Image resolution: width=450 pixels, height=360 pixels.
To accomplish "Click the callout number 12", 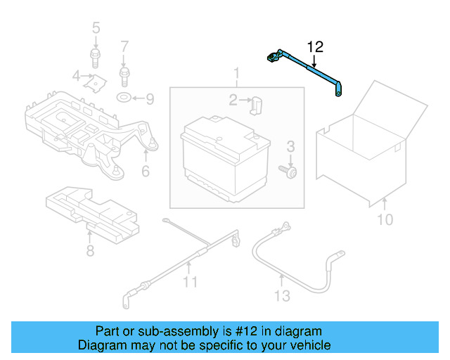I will click(315, 47).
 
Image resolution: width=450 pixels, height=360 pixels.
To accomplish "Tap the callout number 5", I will click(96, 28).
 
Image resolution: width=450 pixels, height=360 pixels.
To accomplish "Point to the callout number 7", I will click(124, 47).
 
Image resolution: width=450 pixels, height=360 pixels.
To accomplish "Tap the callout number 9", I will click(149, 98).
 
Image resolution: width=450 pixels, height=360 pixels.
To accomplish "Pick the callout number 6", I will click(146, 172).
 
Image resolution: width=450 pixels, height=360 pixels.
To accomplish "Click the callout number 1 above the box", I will click(236, 73).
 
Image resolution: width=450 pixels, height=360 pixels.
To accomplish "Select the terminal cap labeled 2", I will click(256, 104).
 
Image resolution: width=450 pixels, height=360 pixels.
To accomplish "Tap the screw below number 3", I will click(288, 170).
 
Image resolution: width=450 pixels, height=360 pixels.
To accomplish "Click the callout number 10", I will click(385, 220).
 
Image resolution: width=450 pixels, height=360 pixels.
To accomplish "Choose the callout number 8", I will click(90, 250).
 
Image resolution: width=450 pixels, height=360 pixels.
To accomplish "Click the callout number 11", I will click(189, 283).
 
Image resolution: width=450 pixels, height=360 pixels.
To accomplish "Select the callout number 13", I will click(281, 296).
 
